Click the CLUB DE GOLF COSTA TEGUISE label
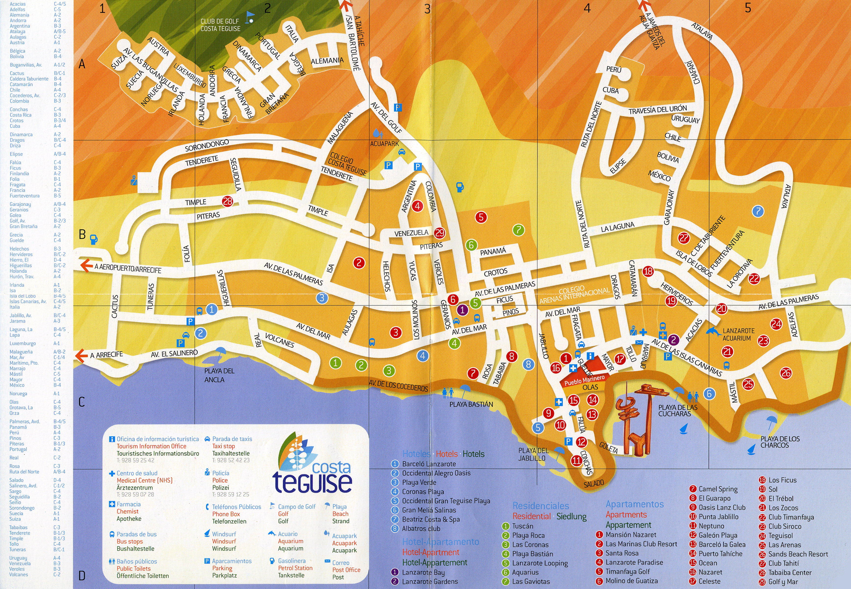[220, 25]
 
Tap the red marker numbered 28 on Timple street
[227, 201]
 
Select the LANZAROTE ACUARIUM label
[738, 334]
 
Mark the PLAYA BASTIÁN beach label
[471, 404]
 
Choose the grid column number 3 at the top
[427, 9]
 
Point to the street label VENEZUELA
[411, 233]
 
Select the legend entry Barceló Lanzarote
[429, 464]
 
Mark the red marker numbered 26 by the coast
[786, 373]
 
